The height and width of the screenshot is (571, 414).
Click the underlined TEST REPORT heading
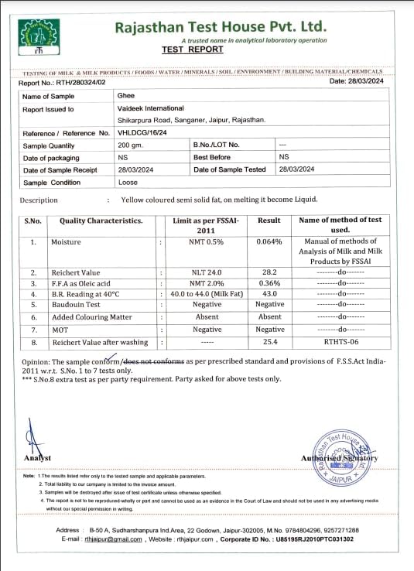click(x=193, y=50)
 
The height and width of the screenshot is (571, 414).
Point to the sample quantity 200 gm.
click(x=128, y=145)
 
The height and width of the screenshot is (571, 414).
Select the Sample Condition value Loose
click(x=128, y=183)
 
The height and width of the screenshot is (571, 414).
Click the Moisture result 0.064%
click(x=269, y=242)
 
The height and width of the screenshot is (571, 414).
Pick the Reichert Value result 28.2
click(x=269, y=273)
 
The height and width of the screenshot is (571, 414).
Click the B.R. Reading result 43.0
click(x=269, y=295)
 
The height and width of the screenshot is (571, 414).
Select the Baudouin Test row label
click(x=80, y=306)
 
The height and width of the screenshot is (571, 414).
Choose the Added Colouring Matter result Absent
click(x=269, y=317)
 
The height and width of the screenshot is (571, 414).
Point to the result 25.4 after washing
click(x=269, y=342)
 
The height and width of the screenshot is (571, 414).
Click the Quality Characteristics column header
click(x=101, y=221)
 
